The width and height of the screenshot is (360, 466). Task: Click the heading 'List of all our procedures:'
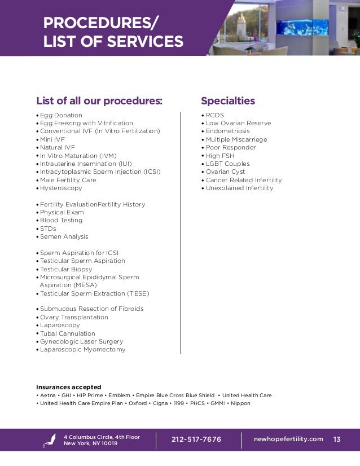[99, 101]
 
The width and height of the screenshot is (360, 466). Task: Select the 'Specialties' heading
[228, 101]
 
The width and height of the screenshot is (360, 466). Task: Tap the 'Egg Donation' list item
[61, 115]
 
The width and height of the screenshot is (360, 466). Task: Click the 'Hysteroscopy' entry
[61, 188]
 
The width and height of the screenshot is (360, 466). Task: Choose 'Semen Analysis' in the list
[64, 237]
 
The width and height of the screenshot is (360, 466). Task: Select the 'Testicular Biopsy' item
[66, 269]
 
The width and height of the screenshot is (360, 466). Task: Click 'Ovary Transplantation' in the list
[74, 317]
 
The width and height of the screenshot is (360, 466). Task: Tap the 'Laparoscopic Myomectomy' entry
[82, 350]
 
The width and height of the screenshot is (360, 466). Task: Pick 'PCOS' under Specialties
[214, 115]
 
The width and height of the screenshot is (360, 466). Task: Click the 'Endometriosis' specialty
[228, 131]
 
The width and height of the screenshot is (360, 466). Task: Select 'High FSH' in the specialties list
[222, 156]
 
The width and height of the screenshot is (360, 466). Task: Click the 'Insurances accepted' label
[69, 387]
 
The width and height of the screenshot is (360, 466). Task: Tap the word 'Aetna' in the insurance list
[47, 395]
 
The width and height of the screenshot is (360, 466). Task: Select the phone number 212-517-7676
[196, 439]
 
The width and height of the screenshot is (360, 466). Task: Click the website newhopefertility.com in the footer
[288, 439]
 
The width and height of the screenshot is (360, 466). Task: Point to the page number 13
[337, 439]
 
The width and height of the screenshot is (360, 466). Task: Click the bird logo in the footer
[50, 440]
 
